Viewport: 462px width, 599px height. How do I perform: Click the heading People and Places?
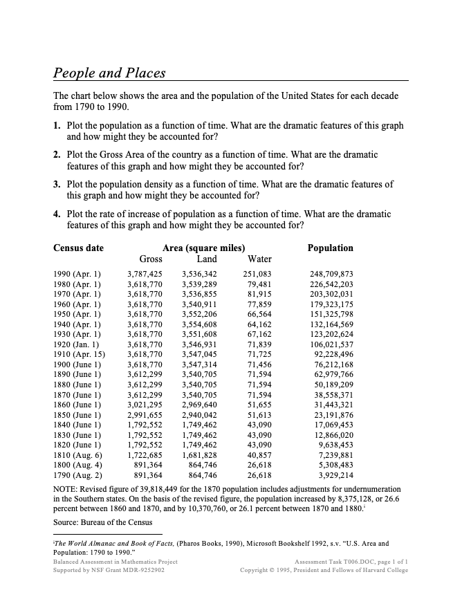109,73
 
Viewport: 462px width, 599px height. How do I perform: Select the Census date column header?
78,248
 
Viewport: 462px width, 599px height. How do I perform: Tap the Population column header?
330,248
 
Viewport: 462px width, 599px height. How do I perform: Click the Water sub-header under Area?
259,259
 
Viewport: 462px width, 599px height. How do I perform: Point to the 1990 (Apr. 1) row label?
77,274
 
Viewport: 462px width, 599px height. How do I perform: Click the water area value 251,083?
257,274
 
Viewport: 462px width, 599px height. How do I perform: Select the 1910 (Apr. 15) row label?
79,354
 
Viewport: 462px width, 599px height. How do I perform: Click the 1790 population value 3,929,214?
335,476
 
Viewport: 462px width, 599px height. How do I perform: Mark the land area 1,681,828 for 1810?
199,456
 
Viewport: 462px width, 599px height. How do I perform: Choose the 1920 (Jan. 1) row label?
77,344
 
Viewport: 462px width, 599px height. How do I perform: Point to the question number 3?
57,185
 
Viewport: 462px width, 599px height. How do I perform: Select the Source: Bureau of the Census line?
102,522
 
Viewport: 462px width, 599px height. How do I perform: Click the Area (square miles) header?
203,248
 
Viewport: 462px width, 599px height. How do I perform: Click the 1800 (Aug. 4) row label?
77,466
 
